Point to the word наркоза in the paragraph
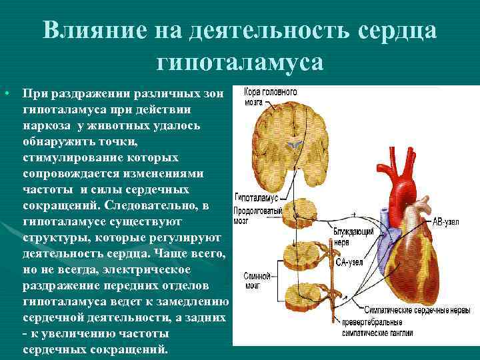47,125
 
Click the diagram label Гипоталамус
255,198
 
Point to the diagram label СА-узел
349,262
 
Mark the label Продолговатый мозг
255,213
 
